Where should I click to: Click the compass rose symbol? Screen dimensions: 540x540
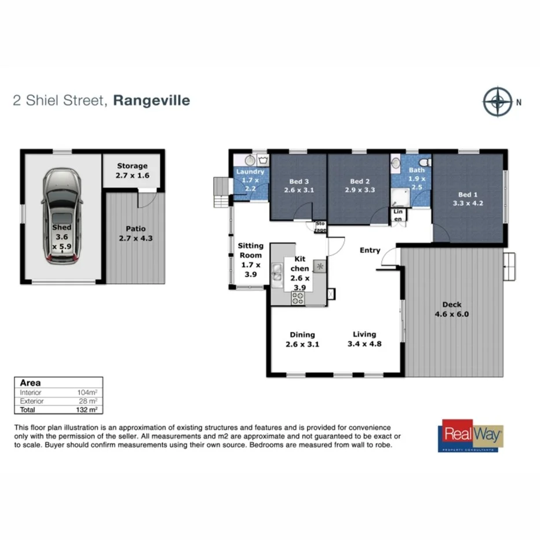click(x=497, y=101)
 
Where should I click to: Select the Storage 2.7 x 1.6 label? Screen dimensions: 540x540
click(x=133, y=170)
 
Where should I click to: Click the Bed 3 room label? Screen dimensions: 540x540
click(x=298, y=185)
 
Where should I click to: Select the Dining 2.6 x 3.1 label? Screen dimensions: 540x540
click(x=302, y=339)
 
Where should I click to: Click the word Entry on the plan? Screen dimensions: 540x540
click(x=370, y=250)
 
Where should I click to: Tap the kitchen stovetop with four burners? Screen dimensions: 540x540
click(x=298, y=298)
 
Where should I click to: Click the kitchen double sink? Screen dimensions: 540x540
click(x=278, y=275)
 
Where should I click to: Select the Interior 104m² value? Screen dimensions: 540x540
click(x=87, y=392)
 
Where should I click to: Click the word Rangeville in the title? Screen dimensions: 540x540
click(x=152, y=100)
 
